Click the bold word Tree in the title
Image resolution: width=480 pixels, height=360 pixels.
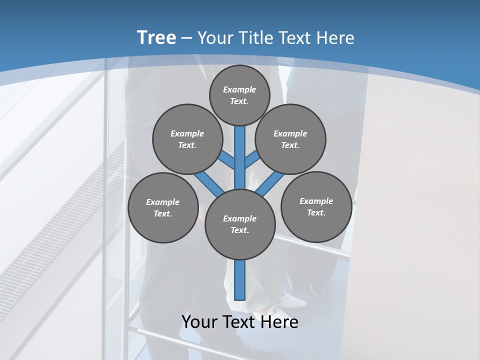tap(156, 37)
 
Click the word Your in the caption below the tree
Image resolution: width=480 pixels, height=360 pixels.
tap(199, 322)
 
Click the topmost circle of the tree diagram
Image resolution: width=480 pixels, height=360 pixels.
tap(239, 95)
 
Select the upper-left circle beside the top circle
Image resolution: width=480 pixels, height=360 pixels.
tap(187, 139)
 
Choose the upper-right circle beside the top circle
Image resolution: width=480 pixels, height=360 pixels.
tap(290, 139)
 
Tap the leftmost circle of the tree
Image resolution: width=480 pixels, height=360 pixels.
tap(163, 207)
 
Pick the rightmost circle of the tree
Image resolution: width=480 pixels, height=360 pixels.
tap(316, 206)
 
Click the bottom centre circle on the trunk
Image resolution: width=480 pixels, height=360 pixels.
tap(240, 224)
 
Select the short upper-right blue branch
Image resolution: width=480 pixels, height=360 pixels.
tap(252, 160)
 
